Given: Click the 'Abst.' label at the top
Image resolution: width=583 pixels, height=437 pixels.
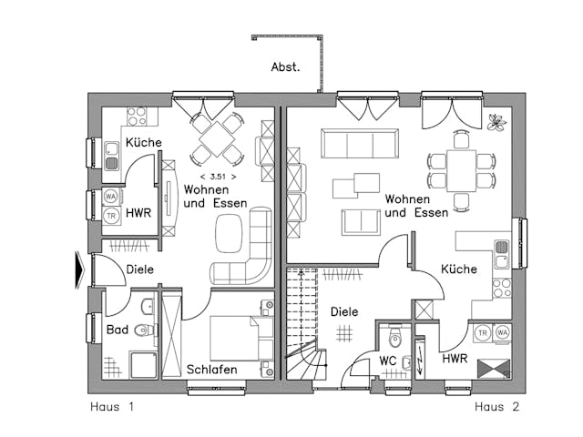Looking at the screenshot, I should [285, 67].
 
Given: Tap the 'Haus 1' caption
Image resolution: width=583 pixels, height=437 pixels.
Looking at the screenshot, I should [112, 407].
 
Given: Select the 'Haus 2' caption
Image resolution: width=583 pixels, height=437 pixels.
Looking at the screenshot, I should [496, 407].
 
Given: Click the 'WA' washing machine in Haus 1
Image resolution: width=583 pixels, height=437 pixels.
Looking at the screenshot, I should [111, 196].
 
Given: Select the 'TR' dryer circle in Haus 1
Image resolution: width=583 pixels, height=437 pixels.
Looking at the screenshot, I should [111, 216].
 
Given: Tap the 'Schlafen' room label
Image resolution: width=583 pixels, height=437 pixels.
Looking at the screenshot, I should [212, 370].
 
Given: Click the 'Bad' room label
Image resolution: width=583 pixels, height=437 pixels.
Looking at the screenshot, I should [117, 330].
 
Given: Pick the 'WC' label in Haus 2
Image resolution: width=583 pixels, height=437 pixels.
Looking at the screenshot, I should [386, 361].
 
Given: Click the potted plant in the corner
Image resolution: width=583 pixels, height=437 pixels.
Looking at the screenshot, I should [496, 122].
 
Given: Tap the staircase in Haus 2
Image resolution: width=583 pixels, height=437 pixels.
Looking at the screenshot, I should [304, 328].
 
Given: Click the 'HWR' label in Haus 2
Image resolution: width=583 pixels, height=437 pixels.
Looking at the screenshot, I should [455, 359].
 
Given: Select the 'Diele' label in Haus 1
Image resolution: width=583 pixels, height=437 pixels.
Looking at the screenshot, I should [139, 269].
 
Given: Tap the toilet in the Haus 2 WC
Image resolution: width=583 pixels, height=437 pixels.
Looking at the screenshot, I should [394, 339].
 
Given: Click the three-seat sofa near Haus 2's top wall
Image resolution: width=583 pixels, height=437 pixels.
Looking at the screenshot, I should [359, 143].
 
